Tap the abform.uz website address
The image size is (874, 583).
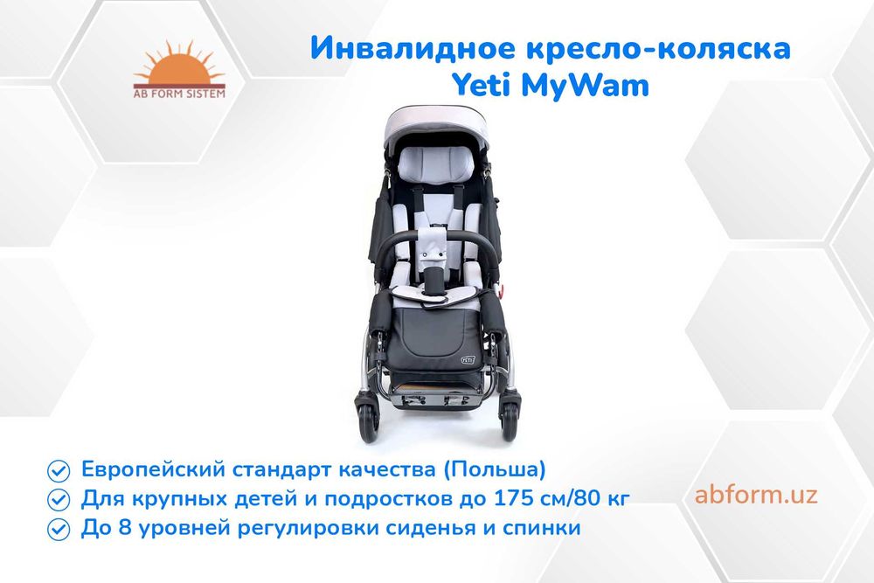point(756,495)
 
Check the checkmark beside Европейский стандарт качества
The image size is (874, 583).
point(59,470)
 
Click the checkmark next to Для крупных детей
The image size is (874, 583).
point(59,500)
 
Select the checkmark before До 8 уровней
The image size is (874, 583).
point(59,529)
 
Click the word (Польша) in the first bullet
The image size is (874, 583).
point(495,469)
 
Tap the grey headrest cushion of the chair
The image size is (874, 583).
point(437,163)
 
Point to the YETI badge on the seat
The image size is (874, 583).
point(468,357)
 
